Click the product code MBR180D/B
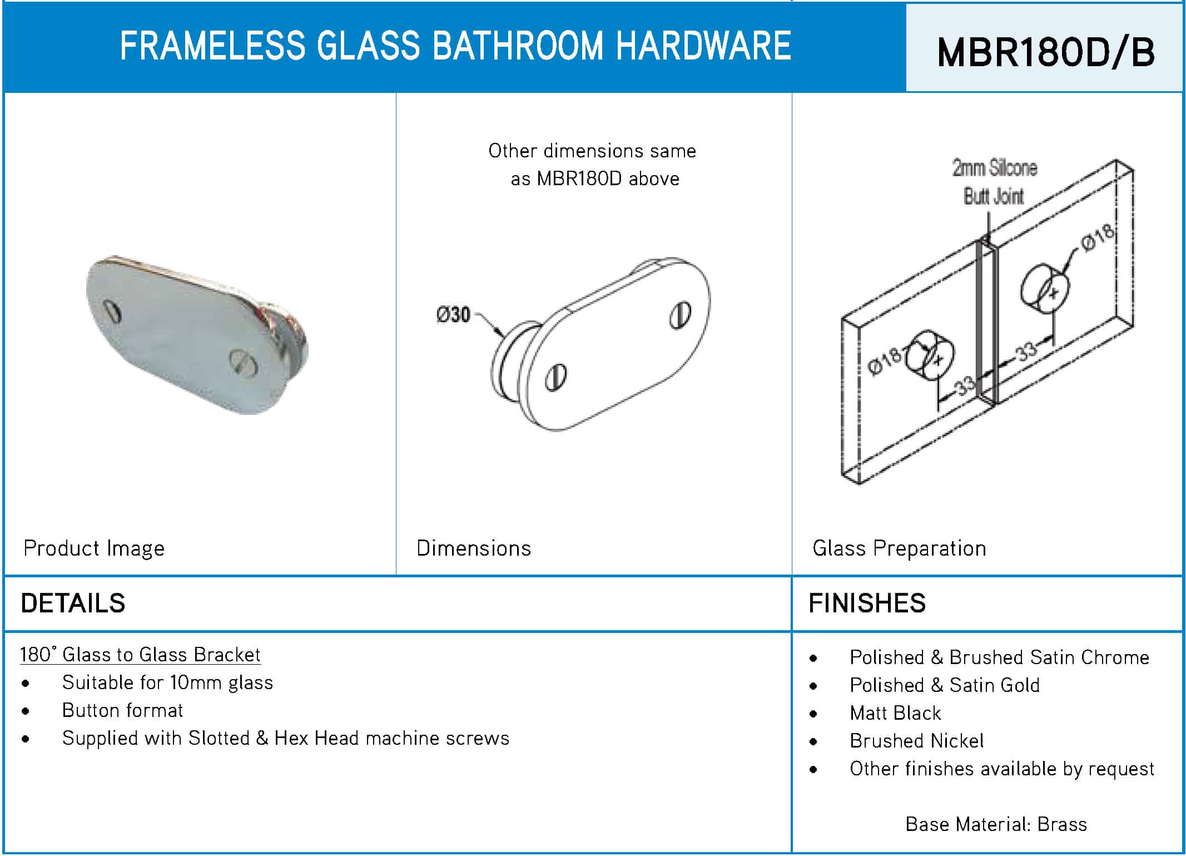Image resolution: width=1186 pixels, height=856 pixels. [x=1045, y=52]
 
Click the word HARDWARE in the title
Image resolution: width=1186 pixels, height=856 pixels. [x=703, y=46]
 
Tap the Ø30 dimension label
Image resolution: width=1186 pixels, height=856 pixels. [x=453, y=315]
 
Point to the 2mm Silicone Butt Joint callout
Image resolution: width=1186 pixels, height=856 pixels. [x=994, y=181]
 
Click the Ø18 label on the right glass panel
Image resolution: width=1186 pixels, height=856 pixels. [x=1098, y=237]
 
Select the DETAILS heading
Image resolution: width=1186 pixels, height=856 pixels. [x=73, y=603]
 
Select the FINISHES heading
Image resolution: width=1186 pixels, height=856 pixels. [x=867, y=603]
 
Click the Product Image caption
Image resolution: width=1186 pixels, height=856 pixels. [x=94, y=548]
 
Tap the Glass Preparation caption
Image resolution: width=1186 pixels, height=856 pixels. [x=899, y=548]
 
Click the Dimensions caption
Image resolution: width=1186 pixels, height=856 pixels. [x=474, y=548]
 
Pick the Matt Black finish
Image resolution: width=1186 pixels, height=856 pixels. [x=895, y=713]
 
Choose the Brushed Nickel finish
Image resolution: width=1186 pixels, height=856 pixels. [x=917, y=741]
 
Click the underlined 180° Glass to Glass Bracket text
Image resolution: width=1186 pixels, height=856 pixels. [x=140, y=655]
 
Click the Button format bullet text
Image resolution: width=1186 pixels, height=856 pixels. [x=122, y=710]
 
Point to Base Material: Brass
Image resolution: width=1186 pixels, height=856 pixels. [x=996, y=824]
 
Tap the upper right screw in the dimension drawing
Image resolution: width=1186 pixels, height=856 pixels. [x=680, y=315]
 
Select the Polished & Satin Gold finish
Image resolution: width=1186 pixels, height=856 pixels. [x=945, y=685]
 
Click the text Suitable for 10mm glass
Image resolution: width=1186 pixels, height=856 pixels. [x=167, y=682]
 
